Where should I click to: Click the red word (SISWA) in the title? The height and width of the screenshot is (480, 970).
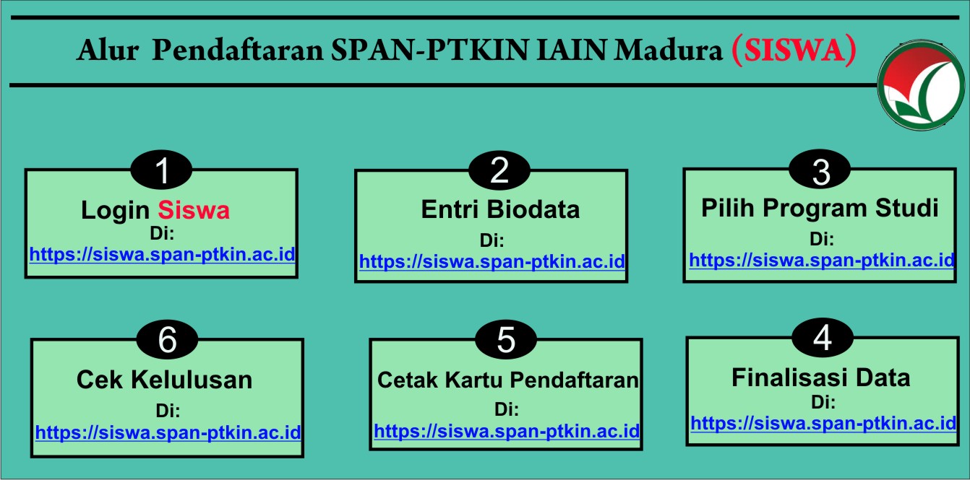point(794,51)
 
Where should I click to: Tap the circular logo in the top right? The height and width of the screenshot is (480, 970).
point(921,85)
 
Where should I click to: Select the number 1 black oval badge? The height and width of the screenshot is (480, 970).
point(161,170)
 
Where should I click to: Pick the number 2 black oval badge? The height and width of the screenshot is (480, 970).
point(499,170)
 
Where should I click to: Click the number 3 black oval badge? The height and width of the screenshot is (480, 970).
point(820,169)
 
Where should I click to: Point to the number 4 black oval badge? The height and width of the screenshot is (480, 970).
point(823,338)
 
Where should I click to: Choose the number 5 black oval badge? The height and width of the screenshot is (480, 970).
point(506,339)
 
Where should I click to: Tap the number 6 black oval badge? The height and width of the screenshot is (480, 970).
point(167,339)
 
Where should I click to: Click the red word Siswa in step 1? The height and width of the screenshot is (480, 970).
point(194,210)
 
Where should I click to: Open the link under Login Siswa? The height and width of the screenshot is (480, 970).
point(163,254)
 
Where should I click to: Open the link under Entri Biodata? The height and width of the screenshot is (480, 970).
point(492,261)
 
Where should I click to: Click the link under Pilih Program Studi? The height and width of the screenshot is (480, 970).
point(822,260)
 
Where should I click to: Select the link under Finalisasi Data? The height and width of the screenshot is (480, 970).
point(823,423)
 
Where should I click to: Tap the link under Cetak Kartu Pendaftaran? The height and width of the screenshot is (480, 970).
point(507,431)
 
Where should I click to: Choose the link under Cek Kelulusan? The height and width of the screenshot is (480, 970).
point(168,432)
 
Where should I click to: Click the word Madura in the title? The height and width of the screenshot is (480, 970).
point(669,50)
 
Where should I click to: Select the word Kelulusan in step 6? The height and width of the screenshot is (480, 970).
point(192,380)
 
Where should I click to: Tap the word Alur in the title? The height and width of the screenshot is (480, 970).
point(108,50)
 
